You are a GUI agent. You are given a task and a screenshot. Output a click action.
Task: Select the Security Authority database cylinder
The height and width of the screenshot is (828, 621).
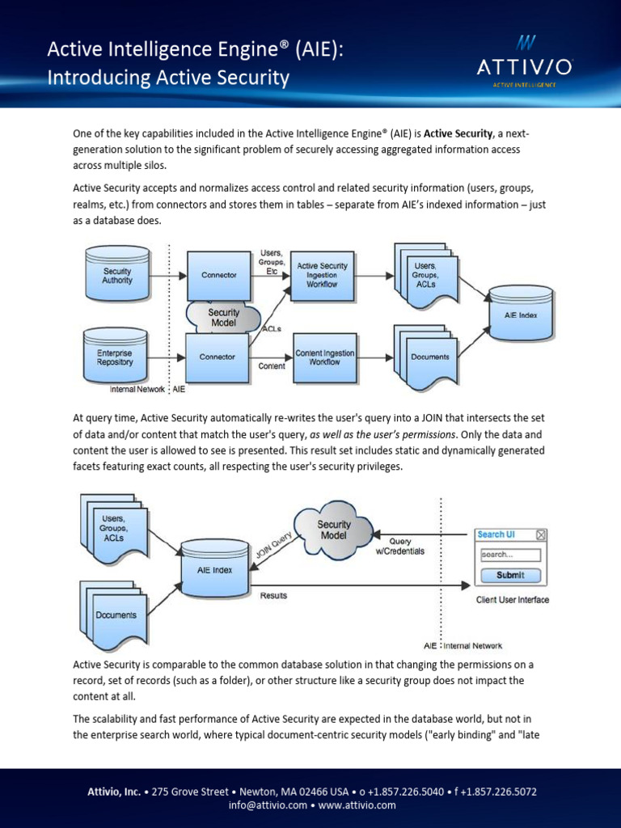click(x=118, y=273)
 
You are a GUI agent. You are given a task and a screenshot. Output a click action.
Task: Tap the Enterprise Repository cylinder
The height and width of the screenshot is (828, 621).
click(x=115, y=355)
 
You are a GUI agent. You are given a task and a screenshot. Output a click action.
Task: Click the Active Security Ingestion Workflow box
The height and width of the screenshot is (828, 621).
click(x=322, y=276)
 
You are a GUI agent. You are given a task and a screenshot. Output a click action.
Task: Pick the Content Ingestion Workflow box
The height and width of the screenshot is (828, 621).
click(x=325, y=357)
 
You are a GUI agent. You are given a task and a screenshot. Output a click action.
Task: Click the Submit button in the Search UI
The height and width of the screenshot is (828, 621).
click(x=511, y=575)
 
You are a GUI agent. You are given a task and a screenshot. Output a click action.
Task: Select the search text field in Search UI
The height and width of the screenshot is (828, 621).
click(x=511, y=555)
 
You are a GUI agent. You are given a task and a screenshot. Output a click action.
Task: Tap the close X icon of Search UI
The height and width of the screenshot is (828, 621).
click(x=541, y=535)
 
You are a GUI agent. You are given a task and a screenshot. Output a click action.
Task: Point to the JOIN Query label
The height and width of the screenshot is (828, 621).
click(x=274, y=546)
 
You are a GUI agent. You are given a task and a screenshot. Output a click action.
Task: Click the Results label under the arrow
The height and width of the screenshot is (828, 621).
click(x=273, y=596)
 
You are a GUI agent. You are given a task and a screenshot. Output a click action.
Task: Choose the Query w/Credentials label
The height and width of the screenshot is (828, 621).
click(x=400, y=547)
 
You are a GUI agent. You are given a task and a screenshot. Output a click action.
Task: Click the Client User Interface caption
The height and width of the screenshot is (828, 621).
click(x=513, y=600)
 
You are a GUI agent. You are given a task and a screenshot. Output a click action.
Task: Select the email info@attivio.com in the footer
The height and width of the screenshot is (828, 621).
click(x=268, y=805)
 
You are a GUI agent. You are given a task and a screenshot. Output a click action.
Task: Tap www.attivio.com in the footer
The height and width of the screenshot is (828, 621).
click(x=357, y=805)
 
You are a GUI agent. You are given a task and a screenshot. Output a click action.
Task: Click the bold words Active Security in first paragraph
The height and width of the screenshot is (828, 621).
click(x=458, y=133)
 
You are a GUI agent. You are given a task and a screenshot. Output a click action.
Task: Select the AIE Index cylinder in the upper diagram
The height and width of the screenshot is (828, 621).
click(x=522, y=313)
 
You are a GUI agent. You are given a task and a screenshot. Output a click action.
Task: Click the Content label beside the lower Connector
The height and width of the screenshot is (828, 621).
click(x=272, y=366)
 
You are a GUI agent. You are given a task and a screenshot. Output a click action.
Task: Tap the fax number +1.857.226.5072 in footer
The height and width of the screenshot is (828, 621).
click(x=498, y=792)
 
